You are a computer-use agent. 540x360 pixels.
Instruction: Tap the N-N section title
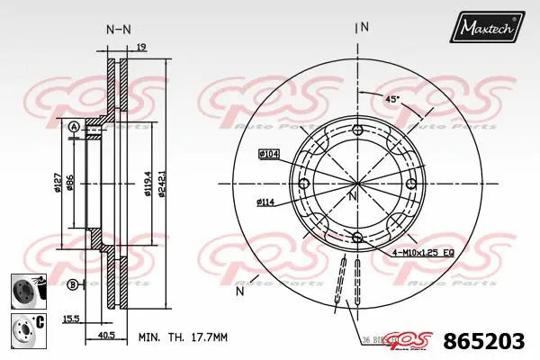tap(119, 29)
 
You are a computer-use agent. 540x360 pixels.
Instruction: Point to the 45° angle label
tap(393, 99)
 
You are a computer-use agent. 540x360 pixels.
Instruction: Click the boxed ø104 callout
tap(269, 154)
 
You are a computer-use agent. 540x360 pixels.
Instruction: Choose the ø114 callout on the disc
tap(265, 202)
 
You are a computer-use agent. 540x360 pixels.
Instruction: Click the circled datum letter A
tap(73, 128)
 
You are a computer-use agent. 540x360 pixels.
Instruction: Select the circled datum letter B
tap(72, 285)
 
